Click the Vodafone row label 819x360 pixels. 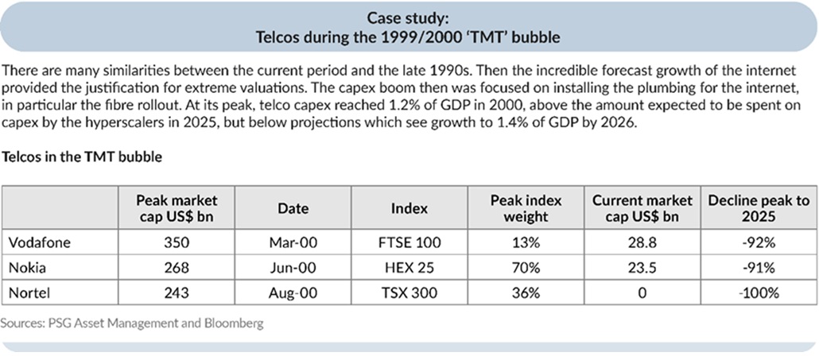(x=39, y=242)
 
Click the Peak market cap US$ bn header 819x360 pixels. (x=177, y=208)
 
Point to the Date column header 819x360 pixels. (x=293, y=208)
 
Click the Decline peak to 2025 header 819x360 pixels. (x=758, y=208)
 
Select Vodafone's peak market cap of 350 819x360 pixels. (x=177, y=242)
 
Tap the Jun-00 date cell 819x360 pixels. (x=293, y=268)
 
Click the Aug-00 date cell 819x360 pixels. (x=293, y=293)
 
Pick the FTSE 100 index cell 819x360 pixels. (x=409, y=242)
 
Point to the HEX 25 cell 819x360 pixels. (x=409, y=268)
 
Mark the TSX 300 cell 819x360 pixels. (x=409, y=293)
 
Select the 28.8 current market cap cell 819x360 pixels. (x=641, y=242)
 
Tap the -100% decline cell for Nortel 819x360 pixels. (x=758, y=293)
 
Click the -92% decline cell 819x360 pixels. (x=758, y=242)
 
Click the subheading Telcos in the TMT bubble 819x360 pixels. (x=83, y=157)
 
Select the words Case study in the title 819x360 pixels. (x=409, y=17)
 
